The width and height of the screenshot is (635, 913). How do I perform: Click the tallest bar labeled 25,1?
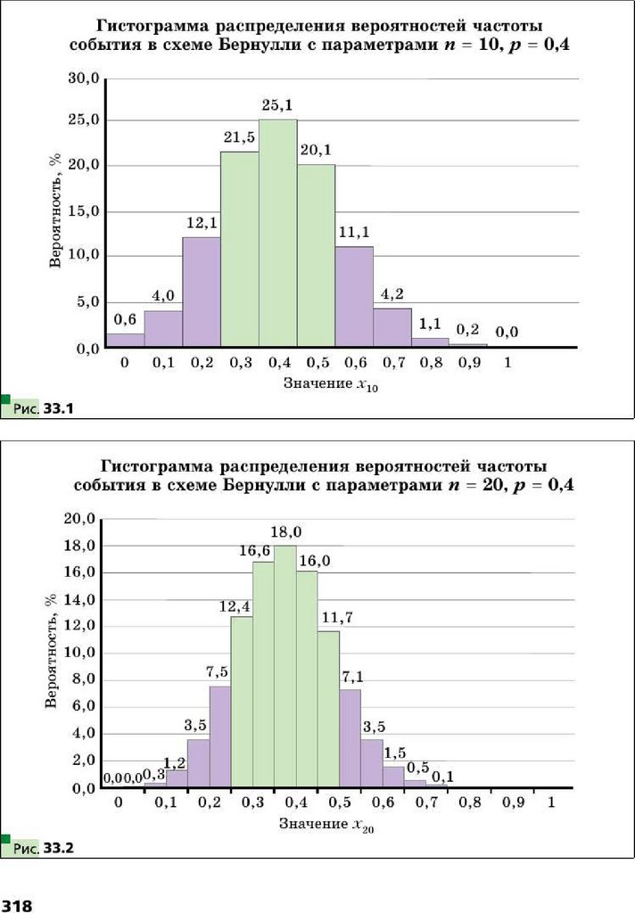[278, 234]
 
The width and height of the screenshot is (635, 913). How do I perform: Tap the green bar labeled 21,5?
[240, 250]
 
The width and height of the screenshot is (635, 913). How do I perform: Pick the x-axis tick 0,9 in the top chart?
[468, 364]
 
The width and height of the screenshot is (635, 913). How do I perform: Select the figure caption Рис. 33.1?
[43, 409]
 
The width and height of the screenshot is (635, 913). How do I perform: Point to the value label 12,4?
[237, 606]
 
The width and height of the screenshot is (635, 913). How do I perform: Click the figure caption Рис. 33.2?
[43, 848]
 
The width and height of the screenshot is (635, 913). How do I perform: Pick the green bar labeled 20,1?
[317, 255]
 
